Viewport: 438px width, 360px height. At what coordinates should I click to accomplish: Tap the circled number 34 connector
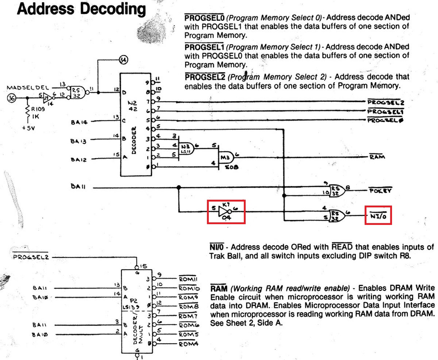(x=123, y=60)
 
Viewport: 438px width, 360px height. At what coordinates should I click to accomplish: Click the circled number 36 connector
(x=12, y=97)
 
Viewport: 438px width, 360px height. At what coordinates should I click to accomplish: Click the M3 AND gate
(x=226, y=157)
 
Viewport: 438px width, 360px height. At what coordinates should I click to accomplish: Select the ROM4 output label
(x=188, y=344)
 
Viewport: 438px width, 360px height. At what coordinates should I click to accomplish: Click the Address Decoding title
(x=81, y=9)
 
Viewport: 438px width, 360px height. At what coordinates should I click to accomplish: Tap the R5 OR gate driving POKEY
(x=335, y=190)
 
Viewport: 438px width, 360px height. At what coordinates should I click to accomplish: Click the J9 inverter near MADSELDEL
(x=47, y=97)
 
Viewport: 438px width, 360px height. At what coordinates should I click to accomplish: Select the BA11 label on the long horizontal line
(x=79, y=187)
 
